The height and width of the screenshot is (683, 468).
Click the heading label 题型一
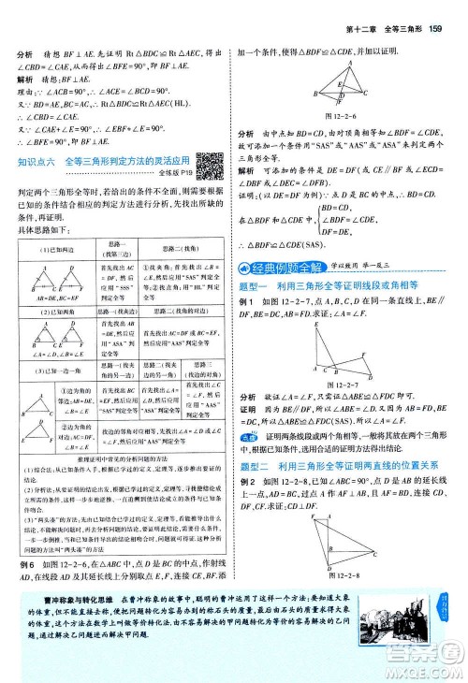point(258,284)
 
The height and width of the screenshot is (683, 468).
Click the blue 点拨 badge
point(249,423)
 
